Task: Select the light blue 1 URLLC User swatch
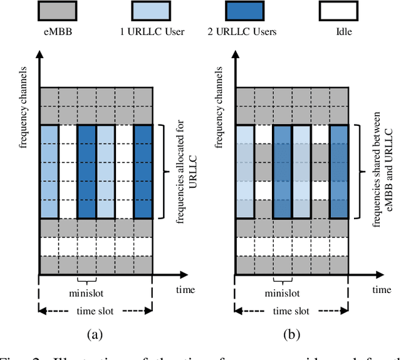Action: click(x=151, y=11)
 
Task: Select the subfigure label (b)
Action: click(x=292, y=335)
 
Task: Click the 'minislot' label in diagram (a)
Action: click(x=86, y=292)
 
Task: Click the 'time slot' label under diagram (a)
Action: click(x=96, y=311)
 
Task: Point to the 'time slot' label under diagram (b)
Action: click(x=293, y=311)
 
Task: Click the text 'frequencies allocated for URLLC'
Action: click(x=179, y=171)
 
